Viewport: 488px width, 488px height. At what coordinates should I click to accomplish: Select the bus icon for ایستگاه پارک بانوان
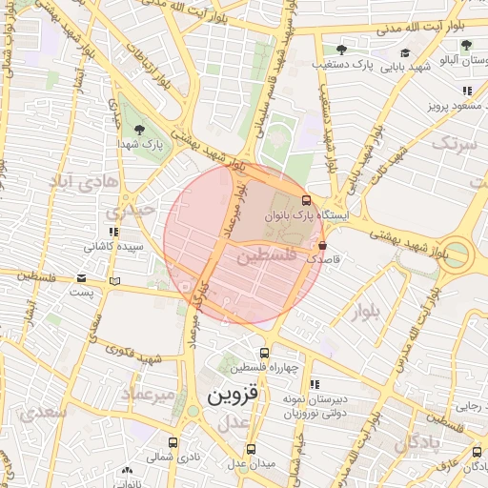click(306, 200)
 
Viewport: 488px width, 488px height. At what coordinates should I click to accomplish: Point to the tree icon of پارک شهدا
click(140, 130)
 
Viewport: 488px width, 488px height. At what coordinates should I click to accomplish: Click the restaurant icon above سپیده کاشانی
click(113, 232)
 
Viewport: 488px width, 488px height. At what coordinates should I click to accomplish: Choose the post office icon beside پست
click(115, 281)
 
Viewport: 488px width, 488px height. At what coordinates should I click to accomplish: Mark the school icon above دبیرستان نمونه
click(315, 383)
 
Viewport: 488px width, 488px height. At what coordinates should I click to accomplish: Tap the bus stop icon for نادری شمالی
click(173, 442)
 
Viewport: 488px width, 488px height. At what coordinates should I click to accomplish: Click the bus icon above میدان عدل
click(251, 449)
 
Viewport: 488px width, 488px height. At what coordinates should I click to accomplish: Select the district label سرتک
click(454, 145)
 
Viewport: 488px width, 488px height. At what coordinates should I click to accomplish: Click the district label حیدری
click(128, 211)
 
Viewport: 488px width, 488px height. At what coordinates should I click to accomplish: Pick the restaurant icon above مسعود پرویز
click(466, 91)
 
